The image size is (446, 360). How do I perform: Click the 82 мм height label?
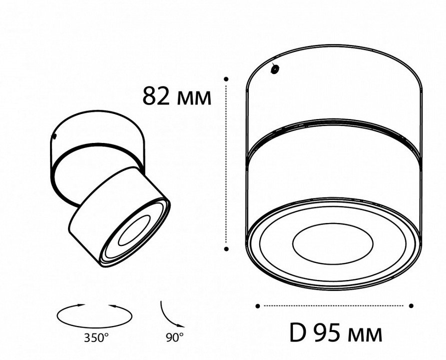177,96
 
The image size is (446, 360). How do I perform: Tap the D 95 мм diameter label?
336,333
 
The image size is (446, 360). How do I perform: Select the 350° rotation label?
96,338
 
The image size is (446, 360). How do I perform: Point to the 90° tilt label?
175,337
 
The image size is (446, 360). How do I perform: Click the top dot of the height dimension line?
226,79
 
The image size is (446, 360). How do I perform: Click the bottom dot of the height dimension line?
226,249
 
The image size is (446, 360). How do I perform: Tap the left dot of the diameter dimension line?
258,306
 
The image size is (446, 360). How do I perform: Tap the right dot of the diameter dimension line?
411,305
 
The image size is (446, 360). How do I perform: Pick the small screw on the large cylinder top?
275,69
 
